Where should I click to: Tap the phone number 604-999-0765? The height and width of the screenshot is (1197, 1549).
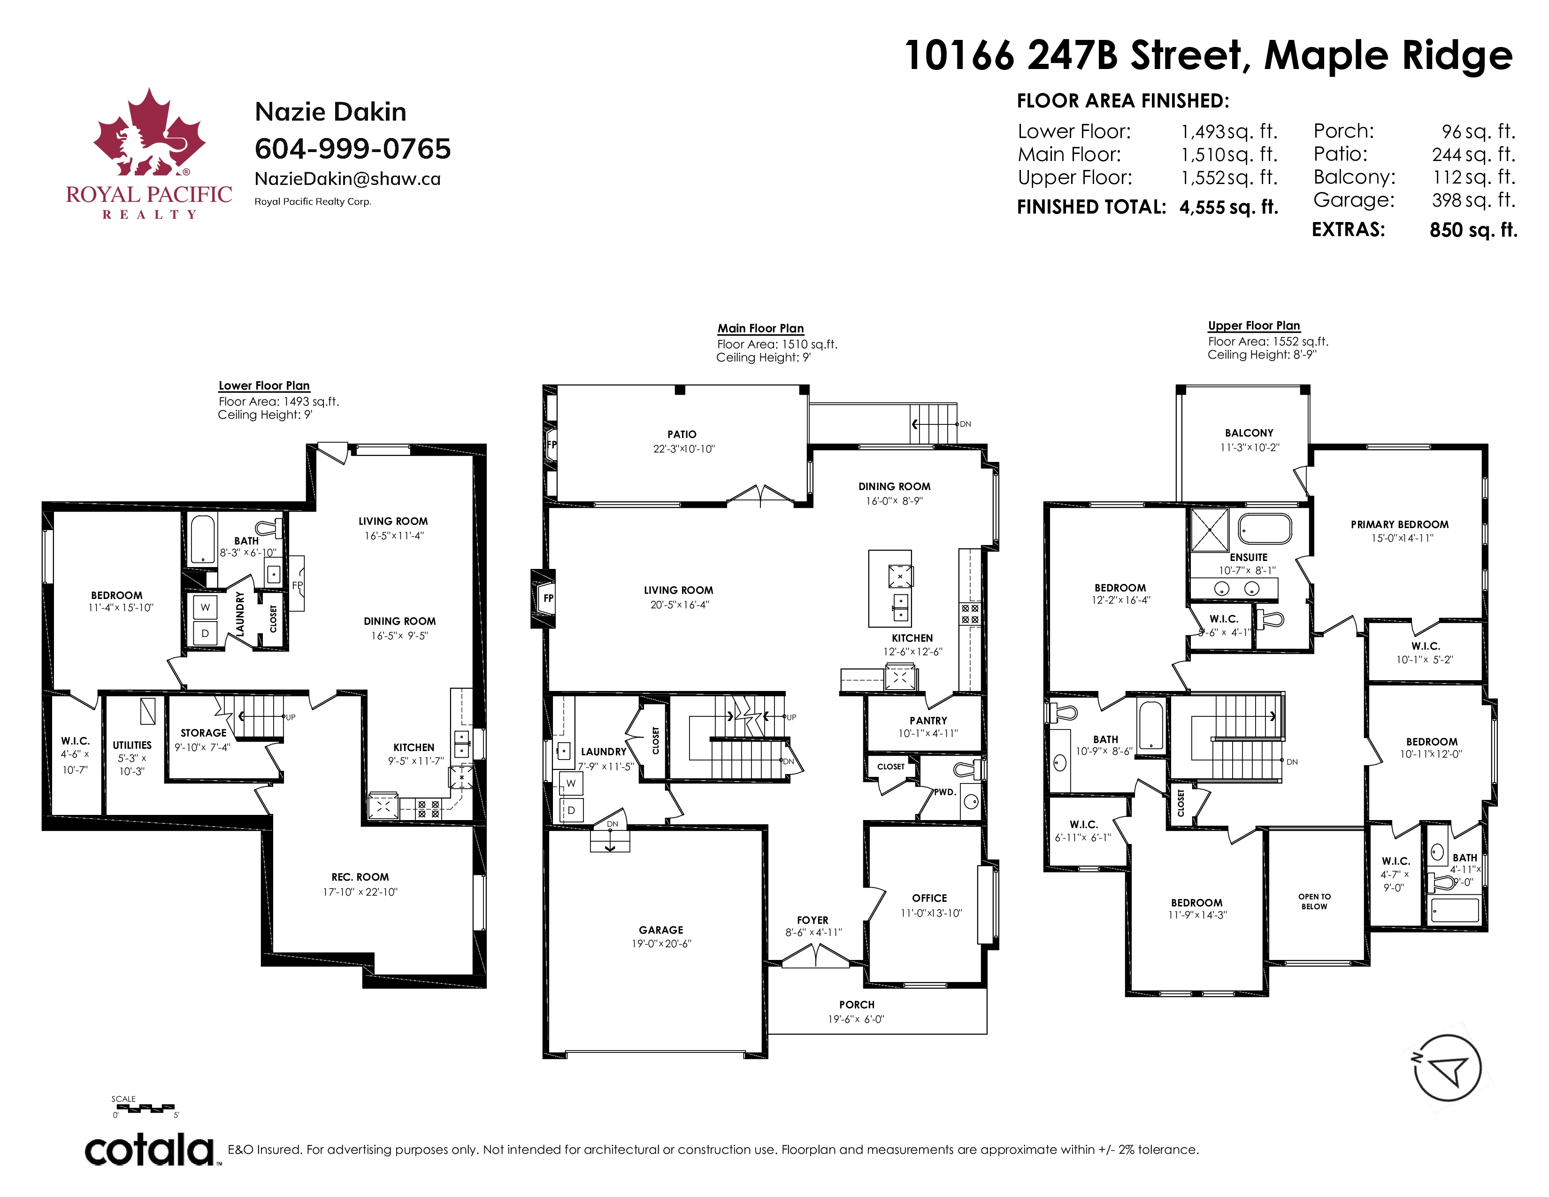[353, 149]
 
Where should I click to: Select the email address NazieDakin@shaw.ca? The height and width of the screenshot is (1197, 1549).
[347, 179]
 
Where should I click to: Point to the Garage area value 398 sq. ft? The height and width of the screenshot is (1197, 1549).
[1473, 200]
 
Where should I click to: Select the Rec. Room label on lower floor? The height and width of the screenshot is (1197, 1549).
[360, 877]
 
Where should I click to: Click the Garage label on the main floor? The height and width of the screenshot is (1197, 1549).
[661, 929]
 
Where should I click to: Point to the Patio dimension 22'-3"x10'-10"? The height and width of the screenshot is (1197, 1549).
[684, 449]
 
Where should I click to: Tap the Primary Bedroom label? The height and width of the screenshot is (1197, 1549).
[1399, 525]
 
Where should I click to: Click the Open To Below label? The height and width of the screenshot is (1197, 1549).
[1314, 901]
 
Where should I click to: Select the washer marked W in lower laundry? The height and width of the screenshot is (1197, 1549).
[205, 607]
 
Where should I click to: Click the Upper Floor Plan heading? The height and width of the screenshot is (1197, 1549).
[1254, 325]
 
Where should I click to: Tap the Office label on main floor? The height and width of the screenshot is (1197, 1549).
[929, 898]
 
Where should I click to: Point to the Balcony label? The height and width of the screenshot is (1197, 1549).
[1249, 433]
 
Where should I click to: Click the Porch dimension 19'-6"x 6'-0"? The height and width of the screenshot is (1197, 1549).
[856, 1019]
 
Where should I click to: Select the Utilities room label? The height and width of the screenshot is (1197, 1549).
[132, 745]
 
